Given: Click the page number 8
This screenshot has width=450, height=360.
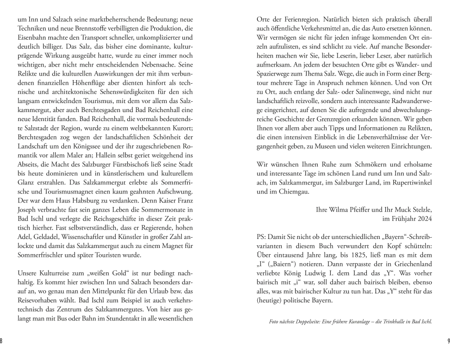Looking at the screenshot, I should [x=1, y=341].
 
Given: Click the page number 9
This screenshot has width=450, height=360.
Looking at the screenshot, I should [x=448, y=341].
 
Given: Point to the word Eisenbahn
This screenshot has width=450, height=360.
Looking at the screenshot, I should [x=31, y=36].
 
